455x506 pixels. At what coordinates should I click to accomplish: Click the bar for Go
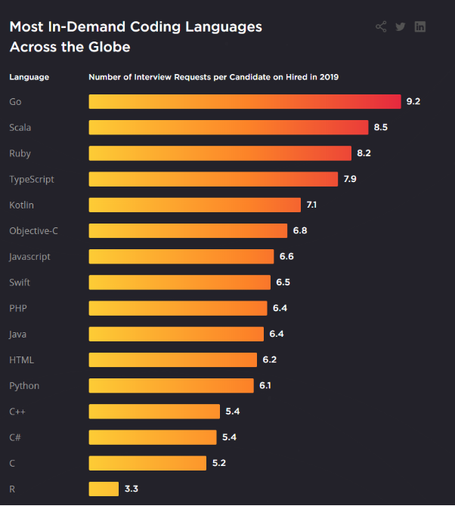click(244, 101)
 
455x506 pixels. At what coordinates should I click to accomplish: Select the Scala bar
click(228, 127)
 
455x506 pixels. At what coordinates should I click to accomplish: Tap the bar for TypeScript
click(213, 179)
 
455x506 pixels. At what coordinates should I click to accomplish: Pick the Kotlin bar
click(194, 205)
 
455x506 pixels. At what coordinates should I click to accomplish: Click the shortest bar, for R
click(104, 489)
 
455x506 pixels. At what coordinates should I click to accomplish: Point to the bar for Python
click(171, 385)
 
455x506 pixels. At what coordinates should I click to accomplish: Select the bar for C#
click(153, 437)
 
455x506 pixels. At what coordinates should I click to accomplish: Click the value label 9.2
click(413, 101)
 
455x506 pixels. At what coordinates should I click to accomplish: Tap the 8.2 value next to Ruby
click(364, 153)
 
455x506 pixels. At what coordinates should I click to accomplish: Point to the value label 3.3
click(131, 489)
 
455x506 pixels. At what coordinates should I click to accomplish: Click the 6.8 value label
click(299, 230)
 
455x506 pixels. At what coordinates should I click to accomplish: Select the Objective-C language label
click(33, 230)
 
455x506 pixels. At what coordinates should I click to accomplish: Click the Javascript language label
click(29, 257)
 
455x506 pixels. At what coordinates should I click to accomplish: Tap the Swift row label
click(20, 282)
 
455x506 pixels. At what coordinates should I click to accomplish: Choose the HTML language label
click(21, 359)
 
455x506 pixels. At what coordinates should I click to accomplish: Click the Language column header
click(29, 77)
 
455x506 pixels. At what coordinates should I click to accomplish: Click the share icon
click(381, 27)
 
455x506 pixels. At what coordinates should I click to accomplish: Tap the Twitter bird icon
click(401, 27)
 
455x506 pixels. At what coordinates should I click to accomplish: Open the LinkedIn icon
click(420, 27)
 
